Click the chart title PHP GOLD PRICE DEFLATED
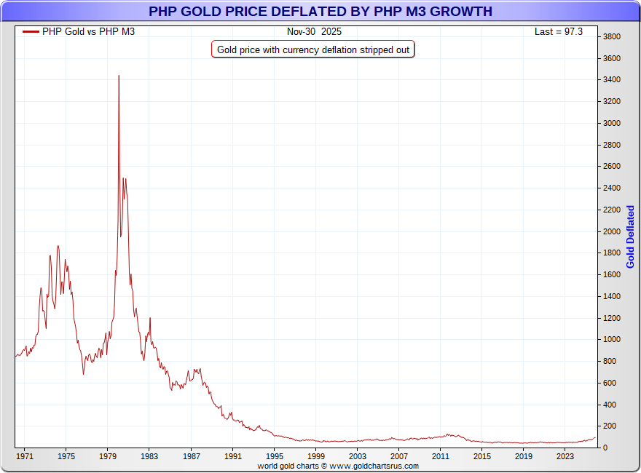tap(320, 12)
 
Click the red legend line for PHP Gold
tap(31, 32)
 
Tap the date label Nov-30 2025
tap(314, 32)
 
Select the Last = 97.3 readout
tap(559, 32)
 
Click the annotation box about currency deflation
tap(313, 49)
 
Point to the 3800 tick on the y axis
tap(611, 37)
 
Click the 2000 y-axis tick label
tap(611, 231)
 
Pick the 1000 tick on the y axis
tap(611, 340)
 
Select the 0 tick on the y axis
tap(605, 448)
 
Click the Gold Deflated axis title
tap(631, 237)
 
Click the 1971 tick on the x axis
tap(25, 456)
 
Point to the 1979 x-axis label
tap(108, 456)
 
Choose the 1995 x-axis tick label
tap(274, 456)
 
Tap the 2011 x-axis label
tap(440, 456)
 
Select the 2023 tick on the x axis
tap(565, 456)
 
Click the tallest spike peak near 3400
tap(119, 76)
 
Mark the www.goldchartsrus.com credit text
tap(338, 466)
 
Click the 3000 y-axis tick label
tap(611, 124)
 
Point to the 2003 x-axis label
tap(357, 456)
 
